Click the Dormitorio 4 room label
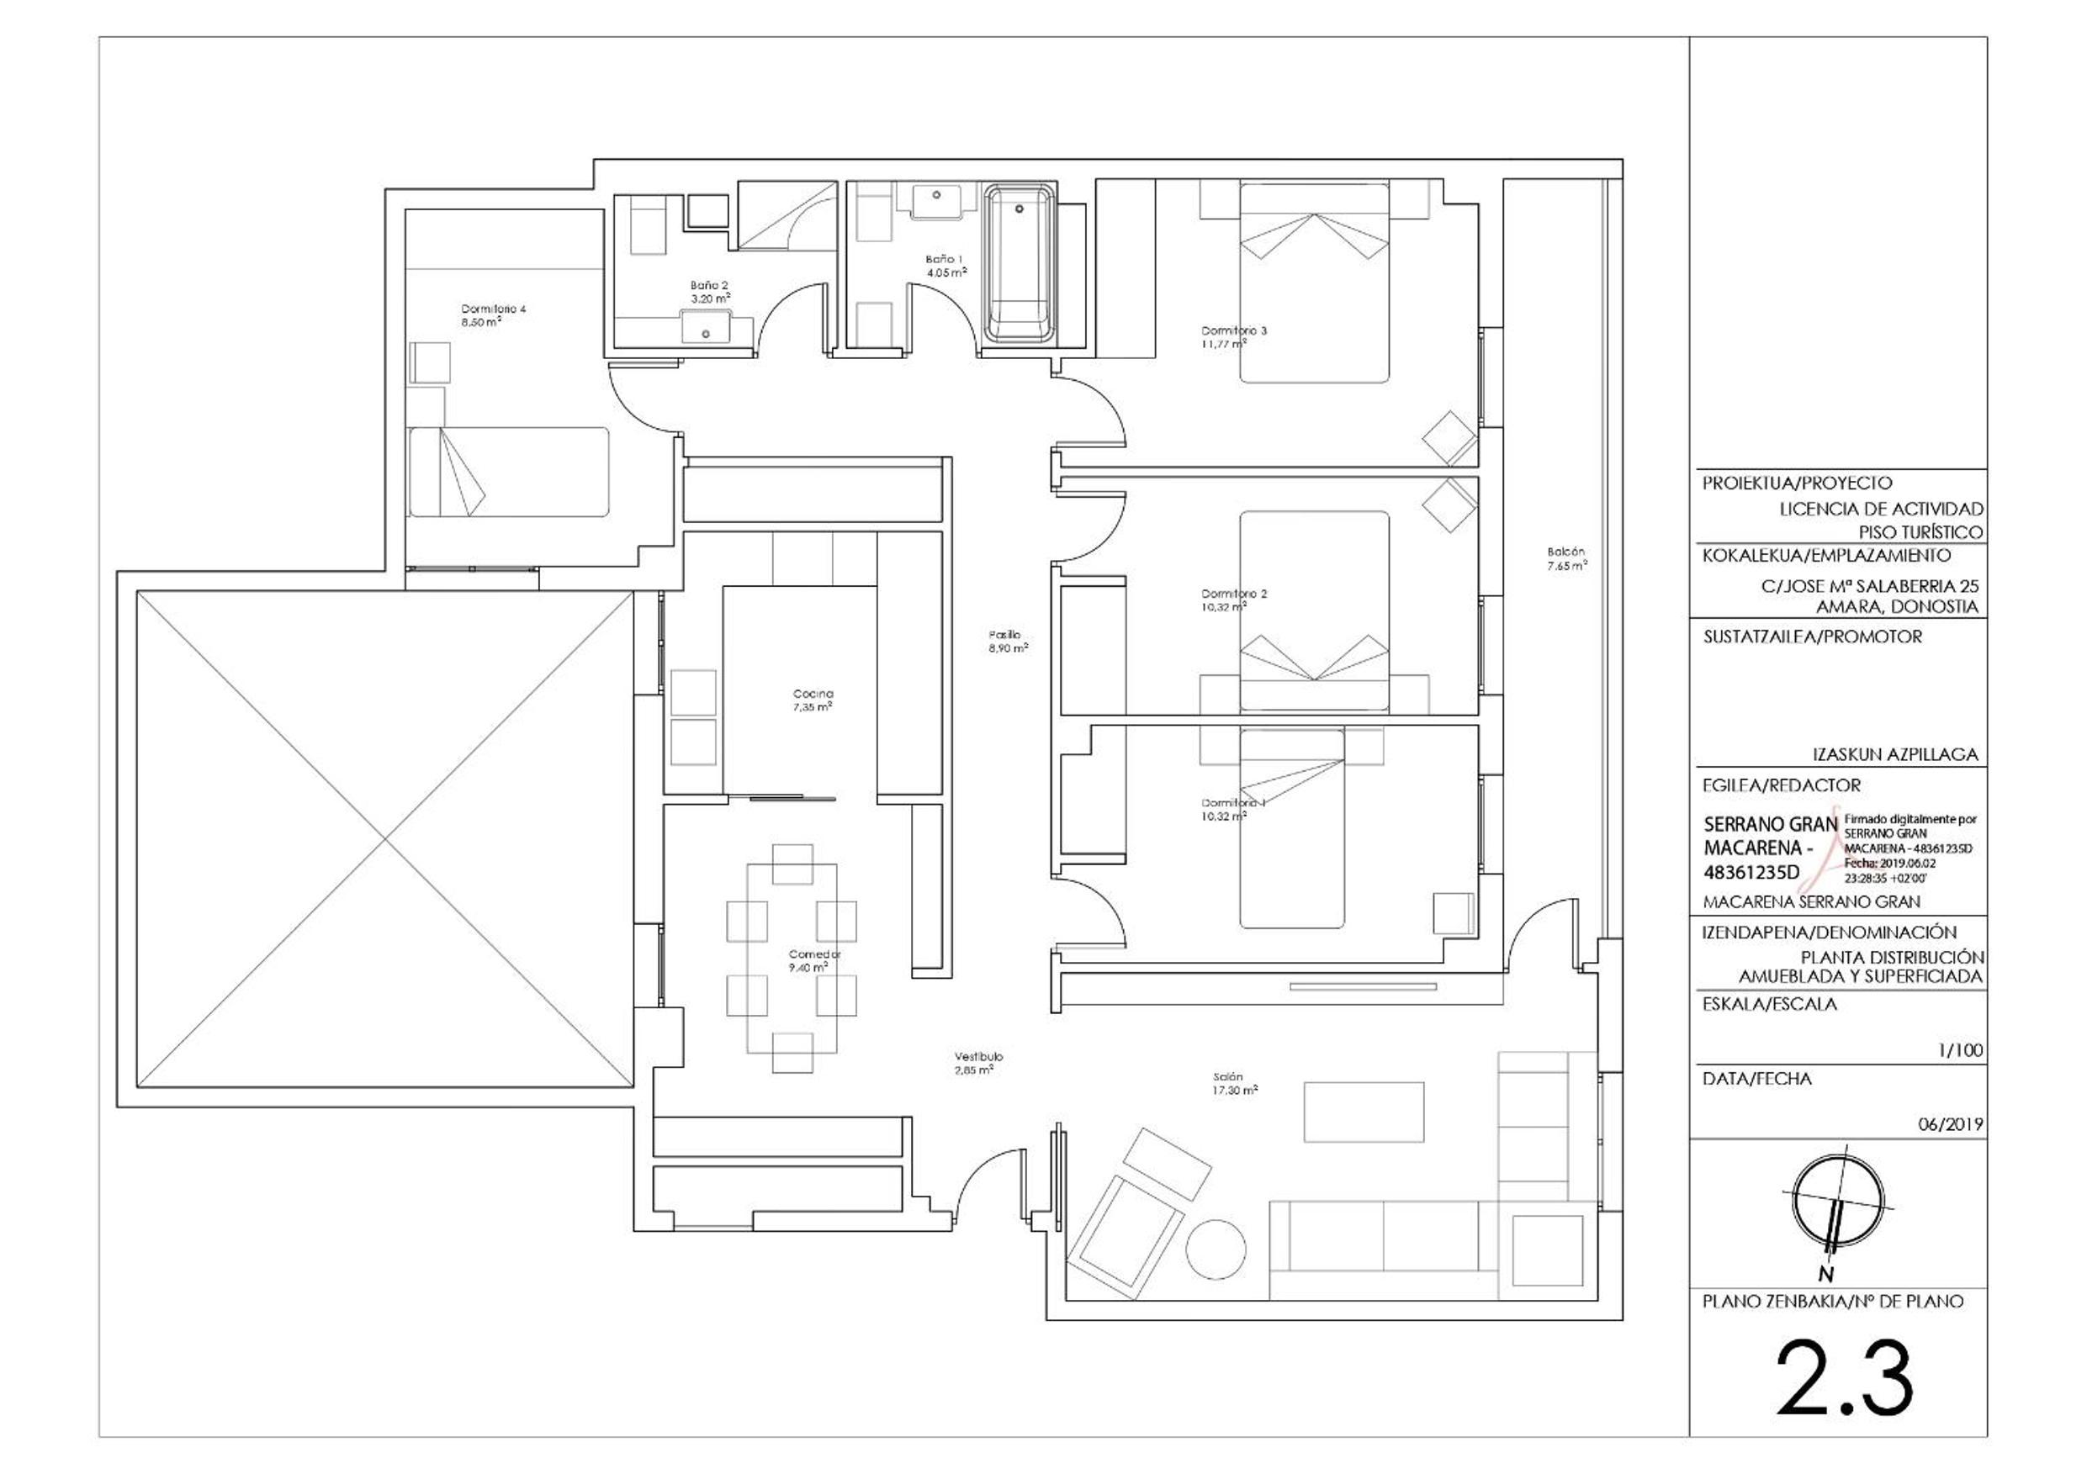click(x=493, y=314)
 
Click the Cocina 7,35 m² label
click(x=813, y=700)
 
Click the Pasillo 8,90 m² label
click(x=1007, y=642)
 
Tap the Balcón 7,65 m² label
click(x=1566, y=558)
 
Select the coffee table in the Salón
click(x=1363, y=1112)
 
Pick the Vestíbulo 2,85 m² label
click(x=978, y=1063)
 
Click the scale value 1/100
click(x=1960, y=1050)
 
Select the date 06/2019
click(x=1950, y=1124)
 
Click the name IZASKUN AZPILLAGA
click(x=1893, y=754)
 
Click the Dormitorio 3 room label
click(x=1233, y=336)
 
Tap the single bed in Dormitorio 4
click(x=508, y=472)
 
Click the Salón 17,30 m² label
click(x=1233, y=1083)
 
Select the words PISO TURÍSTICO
click(x=1920, y=532)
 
